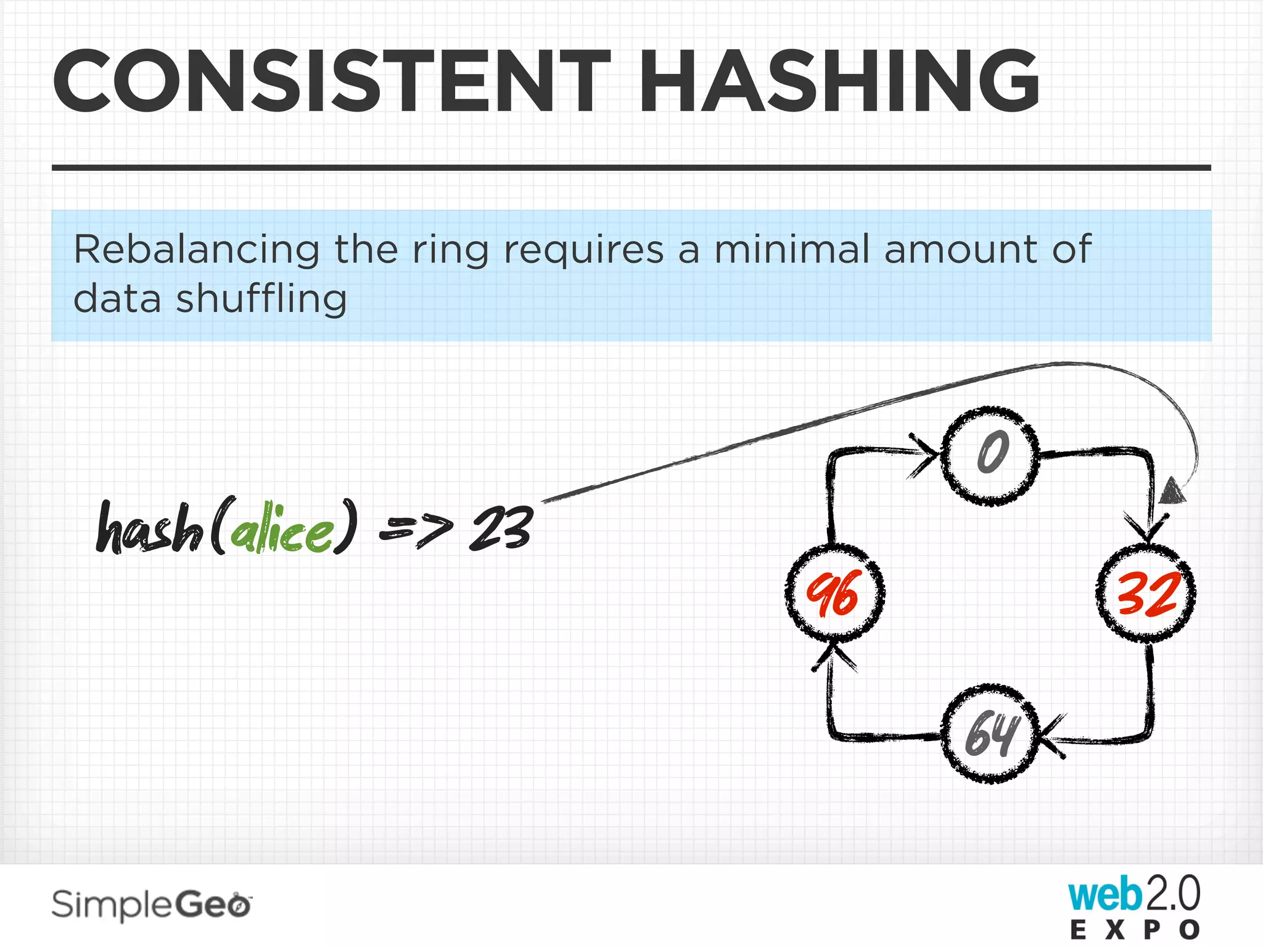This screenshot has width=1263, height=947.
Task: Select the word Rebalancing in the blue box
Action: tap(196, 250)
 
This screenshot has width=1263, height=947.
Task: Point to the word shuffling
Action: tap(261, 299)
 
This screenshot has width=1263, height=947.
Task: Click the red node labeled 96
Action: tap(834, 593)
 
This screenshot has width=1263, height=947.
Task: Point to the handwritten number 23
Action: tap(501, 528)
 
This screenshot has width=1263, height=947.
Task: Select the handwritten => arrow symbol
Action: tap(416, 529)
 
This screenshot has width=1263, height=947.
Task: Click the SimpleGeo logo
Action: tap(152, 905)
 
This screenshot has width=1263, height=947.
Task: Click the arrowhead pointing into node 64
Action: tap(1051, 737)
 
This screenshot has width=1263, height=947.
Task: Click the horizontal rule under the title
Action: tap(631, 167)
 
